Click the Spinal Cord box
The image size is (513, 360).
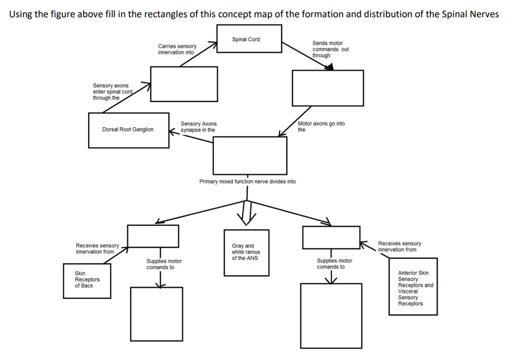[249, 39]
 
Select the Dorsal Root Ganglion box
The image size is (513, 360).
[128, 130]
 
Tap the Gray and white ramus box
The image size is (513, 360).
[246, 252]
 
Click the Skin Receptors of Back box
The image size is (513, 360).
[87, 280]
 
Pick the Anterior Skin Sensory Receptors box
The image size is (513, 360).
[413, 287]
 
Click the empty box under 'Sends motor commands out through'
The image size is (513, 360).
[328, 88]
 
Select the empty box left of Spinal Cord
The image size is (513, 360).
[184, 84]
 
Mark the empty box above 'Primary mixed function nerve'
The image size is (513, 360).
[250, 155]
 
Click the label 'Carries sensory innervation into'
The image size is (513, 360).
[177, 49]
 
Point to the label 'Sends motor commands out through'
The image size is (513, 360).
[330, 49]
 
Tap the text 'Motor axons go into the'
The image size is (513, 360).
[321, 126]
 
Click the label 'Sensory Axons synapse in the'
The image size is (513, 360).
[198, 127]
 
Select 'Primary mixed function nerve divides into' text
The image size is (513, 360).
[247, 181]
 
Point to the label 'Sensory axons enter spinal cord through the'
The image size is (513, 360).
[112, 92]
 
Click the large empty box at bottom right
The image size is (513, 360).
[331, 315]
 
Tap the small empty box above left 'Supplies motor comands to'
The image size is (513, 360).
[153, 236]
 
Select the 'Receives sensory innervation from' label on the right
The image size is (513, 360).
[399, 246]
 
